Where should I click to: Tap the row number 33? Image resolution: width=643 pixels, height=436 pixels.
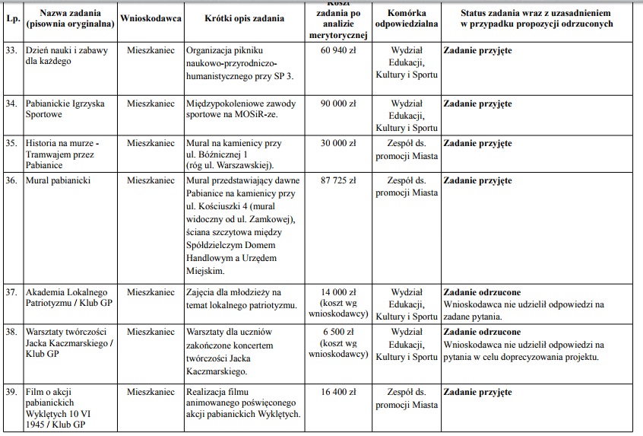click(x=11, y=50)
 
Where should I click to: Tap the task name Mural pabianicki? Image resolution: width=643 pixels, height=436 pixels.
click(x=58, y=181)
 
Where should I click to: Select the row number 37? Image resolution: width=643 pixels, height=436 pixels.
click(x=11, y=292)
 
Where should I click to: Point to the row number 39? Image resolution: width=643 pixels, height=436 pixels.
click(x=11, y=392)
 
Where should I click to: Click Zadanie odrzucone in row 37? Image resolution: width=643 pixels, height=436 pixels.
click(x=482, y=292)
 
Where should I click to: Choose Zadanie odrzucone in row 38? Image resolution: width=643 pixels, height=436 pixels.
click(x=482, y=332)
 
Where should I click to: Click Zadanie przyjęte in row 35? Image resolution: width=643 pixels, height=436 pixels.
click(x=477, y=143)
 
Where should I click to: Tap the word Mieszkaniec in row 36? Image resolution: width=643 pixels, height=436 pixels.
click(x=150, y=181)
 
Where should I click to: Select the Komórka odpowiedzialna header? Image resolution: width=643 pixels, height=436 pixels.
click(x=407, y=18)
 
